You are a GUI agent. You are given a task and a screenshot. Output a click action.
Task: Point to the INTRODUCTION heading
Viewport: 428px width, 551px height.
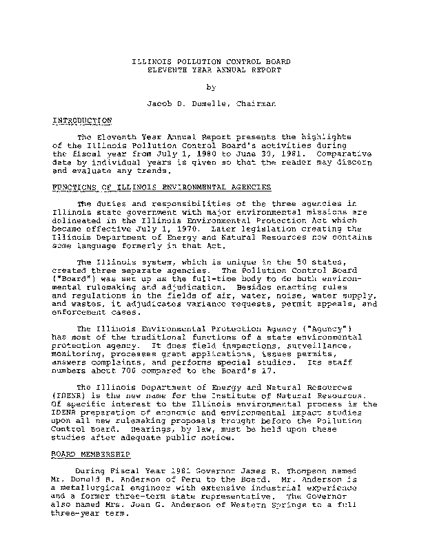point(82,121)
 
